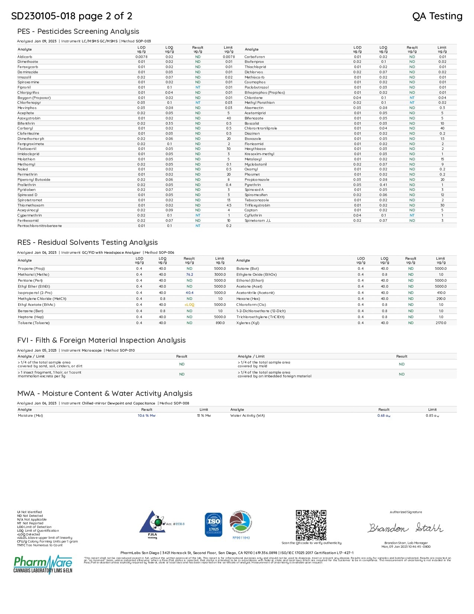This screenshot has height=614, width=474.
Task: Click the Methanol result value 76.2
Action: tap(190, 275)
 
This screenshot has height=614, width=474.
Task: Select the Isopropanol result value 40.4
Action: tap(190, 293)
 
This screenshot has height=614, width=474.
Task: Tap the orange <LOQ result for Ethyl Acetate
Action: tap(189, 305)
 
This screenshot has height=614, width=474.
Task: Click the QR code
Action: tap(311, 525)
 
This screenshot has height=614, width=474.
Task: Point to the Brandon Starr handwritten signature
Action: tap(406, 528)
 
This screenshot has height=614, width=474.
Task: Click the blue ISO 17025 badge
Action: tap(214, 525)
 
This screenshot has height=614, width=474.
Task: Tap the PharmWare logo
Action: tap(43, 565)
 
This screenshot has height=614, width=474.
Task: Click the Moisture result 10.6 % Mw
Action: tap(146, 416)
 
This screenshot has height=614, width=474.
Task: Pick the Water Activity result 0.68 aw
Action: tap(384, 416)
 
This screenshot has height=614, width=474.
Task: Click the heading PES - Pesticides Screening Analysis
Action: tap(78, 32)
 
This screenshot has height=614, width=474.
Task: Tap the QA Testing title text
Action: tap(437, 16)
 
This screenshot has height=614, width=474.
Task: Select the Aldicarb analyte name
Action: tap(25, 57)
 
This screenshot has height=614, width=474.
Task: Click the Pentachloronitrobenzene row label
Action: tap(40, 226)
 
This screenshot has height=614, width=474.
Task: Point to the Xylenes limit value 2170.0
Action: tap(441, 323)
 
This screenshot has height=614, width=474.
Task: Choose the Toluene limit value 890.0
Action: tap(220, 323)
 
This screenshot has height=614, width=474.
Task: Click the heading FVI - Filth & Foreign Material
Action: tap(101, 340)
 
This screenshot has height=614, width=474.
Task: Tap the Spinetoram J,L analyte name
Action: tap(258, 221)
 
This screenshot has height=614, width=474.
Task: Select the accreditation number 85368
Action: tap(180, 524)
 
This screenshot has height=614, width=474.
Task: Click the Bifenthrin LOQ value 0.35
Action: tap(169, 124)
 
